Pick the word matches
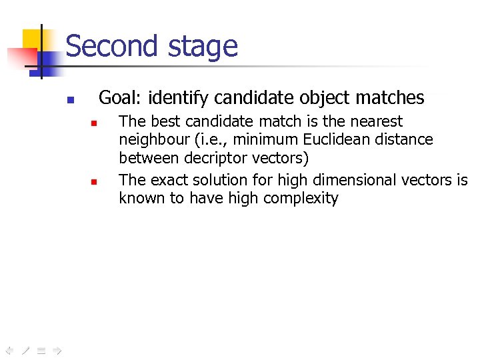[390, 98]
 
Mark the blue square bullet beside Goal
[69, 101]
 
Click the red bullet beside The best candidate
[95, 124]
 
